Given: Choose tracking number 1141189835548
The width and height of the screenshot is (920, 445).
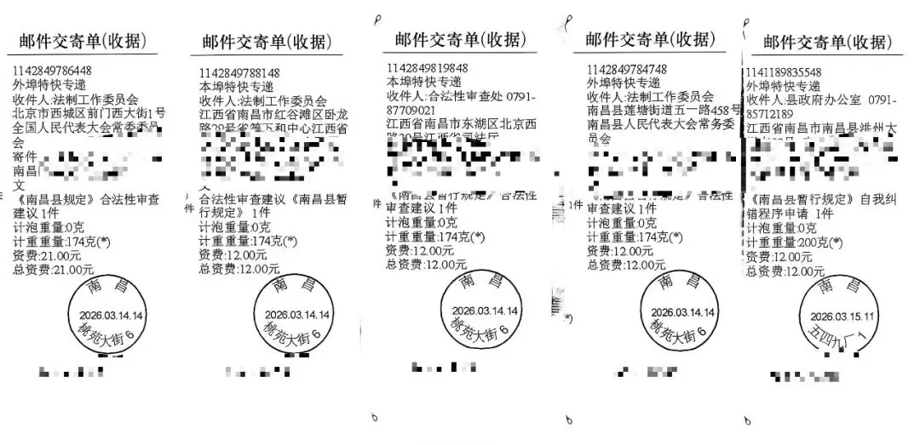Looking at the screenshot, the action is (784, 72).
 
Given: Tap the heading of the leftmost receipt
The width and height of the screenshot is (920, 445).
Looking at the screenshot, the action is (78, 41).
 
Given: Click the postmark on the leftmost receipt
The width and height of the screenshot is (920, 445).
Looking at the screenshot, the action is (107, 317).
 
